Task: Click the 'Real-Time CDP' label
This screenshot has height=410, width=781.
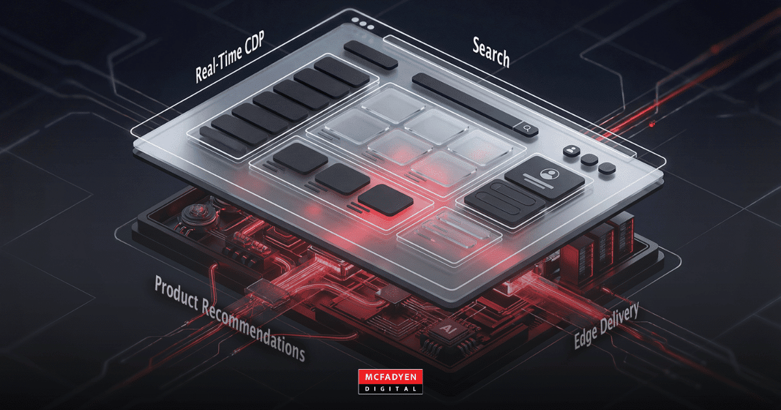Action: pyautogui.click(x=230, y=57)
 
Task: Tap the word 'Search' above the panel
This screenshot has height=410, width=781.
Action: pyautogui.click(x=491, y=52)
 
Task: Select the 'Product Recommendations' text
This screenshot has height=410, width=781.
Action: pyautogui.click(x=230, y=319)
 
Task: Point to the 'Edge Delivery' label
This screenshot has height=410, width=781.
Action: pyautogui.click(x=607, y=325)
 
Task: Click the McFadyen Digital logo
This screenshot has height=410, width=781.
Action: pyautogui.click(x=390, y=381)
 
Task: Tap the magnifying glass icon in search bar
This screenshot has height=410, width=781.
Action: pyautogui.click(x=527, y=128)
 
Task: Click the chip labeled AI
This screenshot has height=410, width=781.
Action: pyautogui.click(x=448, y=331)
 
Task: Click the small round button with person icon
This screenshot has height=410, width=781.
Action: pyautogui.click(x=571, y=151)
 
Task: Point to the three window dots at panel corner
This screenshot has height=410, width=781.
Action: pyautogui.click(x=363, y=23)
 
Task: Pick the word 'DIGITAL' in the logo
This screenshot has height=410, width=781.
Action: pyautogui.click(x=390, y=389)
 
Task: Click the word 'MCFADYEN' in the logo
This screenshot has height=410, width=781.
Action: pyautogui.click(x=390, y=377)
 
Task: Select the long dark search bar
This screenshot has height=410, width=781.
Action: pyautogui.click(x=475, y=105)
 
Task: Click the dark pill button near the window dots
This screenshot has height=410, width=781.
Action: pyautogui.click(x=370, y=55)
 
